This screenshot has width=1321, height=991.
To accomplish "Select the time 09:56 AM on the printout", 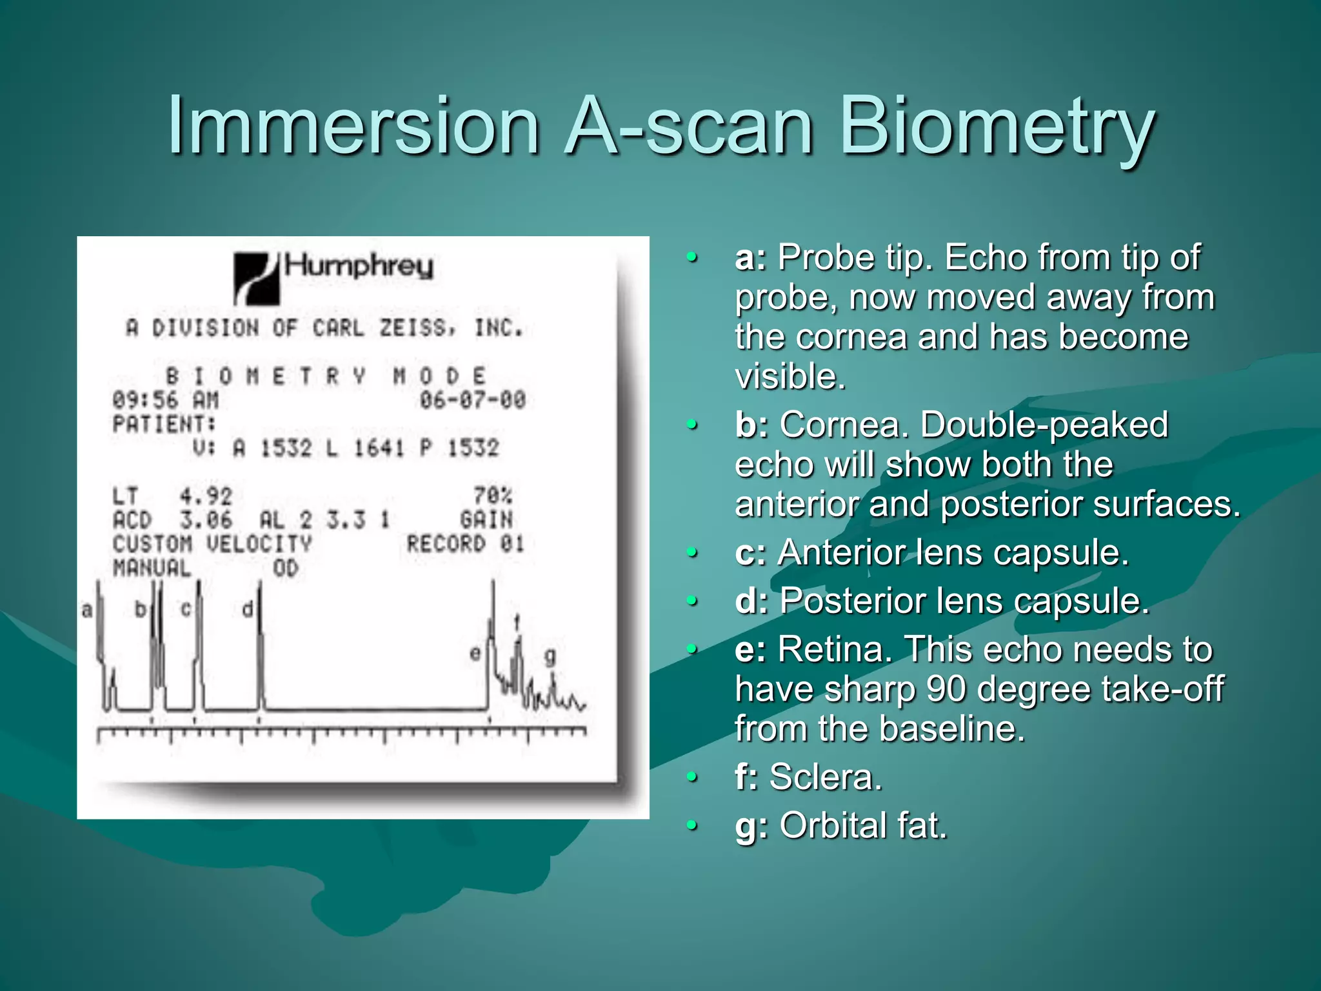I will [166, 400].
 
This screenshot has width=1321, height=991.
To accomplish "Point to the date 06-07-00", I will [473, 400].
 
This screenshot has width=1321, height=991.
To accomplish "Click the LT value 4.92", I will [206, 496].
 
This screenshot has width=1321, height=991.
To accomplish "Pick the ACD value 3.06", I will [206, 520].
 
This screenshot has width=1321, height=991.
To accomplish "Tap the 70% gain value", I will [493, 495].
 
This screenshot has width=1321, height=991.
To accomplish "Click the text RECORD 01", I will [466, 544].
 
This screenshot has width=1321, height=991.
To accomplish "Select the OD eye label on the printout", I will [286, 568].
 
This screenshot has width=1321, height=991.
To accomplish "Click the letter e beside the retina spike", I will [475, 654].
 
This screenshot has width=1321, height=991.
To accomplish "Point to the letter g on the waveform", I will [550, 657].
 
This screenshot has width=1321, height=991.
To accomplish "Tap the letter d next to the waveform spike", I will [247, 609].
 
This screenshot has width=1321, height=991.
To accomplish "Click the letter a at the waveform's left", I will [87, 610].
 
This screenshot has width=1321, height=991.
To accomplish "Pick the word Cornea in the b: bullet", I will [844, 425].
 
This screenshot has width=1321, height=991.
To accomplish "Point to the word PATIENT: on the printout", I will [164, 425].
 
